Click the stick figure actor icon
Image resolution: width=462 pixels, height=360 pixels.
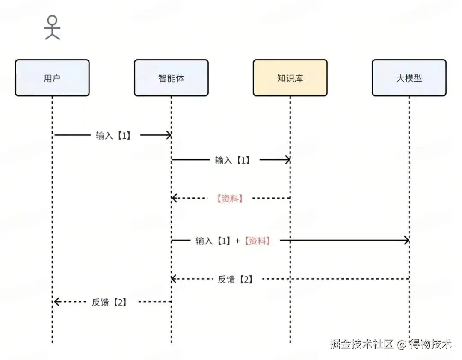click(52, 27)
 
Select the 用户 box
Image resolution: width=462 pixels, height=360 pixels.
click(52, 78)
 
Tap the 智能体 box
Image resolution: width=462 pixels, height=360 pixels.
click(171, 78)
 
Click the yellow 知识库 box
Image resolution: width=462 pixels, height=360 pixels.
click(290, 78)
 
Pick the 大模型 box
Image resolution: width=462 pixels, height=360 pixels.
click(409, 78)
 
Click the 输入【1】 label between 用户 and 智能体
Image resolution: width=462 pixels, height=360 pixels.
click(113, 135)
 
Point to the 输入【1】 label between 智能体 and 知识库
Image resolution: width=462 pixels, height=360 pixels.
click(232, 160)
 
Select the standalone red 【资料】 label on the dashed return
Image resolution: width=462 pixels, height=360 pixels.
click(230, 198)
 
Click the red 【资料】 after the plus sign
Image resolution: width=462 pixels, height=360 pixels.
click(257, 241)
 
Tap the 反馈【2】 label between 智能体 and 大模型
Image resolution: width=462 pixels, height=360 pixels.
click(235, 279)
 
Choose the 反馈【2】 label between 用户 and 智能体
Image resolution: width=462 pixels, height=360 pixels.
click(109, 302)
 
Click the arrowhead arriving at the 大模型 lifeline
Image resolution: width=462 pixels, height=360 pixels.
click(406, 241)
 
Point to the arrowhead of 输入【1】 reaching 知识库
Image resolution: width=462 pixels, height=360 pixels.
click(287, 160)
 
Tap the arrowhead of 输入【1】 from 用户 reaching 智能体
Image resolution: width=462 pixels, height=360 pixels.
click(168, 135)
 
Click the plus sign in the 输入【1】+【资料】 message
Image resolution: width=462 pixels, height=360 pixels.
click(238, 241)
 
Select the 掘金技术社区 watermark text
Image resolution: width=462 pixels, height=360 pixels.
click(361, 344)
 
